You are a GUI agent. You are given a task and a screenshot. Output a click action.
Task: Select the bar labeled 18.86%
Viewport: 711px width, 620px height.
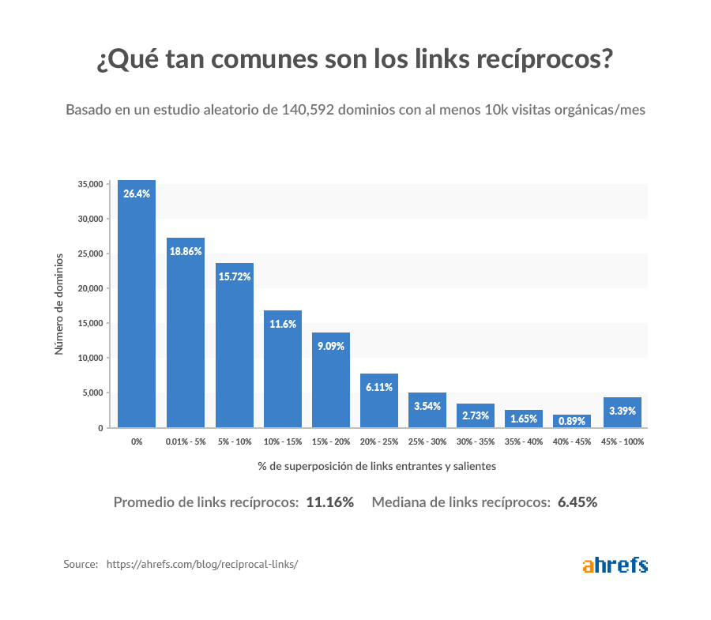tap(186, 333)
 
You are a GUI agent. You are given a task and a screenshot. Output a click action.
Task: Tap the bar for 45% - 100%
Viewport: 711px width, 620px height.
tap(622, 412)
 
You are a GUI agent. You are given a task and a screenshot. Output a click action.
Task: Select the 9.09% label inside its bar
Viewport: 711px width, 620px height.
tap(331, 345)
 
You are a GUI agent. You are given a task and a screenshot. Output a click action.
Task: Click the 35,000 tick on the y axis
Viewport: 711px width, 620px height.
tap(90, 184)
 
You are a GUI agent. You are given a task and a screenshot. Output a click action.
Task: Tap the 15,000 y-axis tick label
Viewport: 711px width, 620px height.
tap(90, 323)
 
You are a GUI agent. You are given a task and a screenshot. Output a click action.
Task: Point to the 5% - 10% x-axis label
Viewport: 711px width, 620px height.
tap(235, 442)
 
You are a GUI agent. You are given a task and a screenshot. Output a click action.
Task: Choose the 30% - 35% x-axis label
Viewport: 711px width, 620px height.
tap(476, 442)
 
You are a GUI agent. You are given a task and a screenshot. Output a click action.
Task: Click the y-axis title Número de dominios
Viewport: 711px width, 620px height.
tap(59, 303)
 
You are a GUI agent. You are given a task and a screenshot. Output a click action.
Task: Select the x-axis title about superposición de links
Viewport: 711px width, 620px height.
tap(377, 466)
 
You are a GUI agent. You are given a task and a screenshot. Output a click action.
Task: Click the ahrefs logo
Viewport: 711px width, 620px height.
tap(615, 565)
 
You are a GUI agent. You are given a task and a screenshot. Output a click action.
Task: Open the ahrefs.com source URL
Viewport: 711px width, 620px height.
tap(202, 565)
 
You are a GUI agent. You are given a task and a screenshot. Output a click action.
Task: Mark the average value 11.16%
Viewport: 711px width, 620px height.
tap(329, 502)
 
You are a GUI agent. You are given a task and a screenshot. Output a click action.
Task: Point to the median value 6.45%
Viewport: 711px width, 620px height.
tap(577, 502)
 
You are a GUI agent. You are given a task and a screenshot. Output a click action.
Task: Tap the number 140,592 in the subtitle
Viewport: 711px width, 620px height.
tap(308, 110)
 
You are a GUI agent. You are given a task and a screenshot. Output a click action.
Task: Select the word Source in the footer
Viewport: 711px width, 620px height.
tap(80, 565)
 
